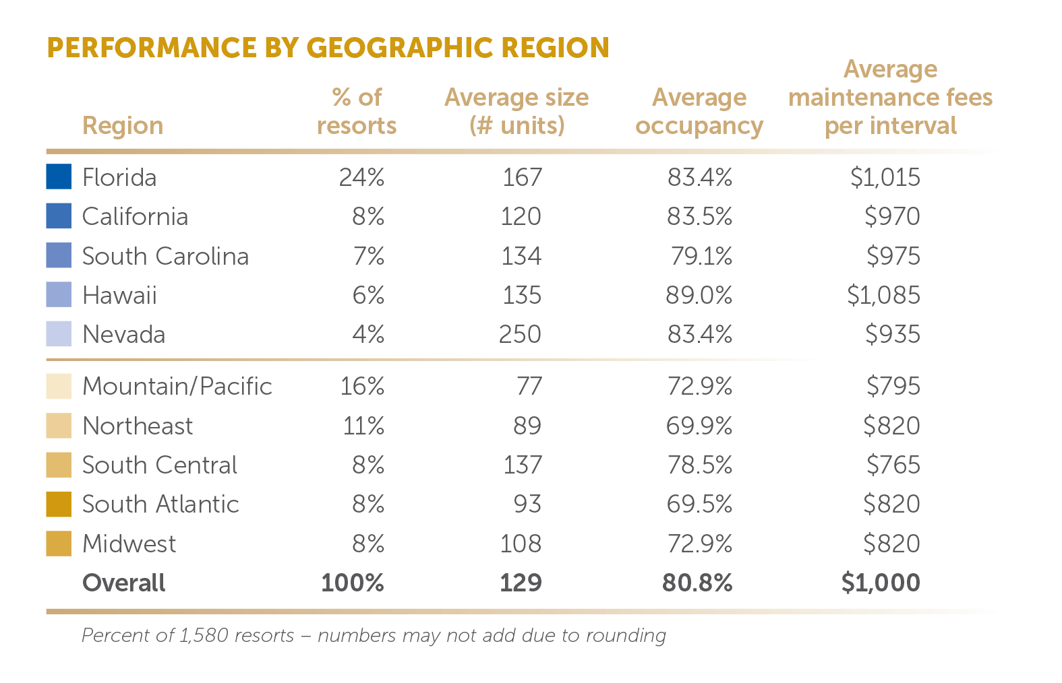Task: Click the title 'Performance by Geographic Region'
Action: (328, 48)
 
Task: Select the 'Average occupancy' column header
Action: (699, 112)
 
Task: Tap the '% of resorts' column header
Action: (357, 112)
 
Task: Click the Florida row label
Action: (119, 178)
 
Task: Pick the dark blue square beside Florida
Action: (59, 176)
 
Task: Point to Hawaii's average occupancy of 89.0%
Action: (699, 296)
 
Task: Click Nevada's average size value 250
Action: (520, 335)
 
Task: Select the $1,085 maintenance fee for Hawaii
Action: (883, 296)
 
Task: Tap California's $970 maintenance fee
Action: (892, 217)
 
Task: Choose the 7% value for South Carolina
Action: (369, 257)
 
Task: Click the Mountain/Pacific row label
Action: (177, 387)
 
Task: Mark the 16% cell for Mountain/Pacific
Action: (362, 387)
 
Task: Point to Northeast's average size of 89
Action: (527, 426)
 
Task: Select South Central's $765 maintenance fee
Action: (893, 465)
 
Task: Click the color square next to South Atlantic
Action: (59, 505)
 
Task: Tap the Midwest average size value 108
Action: (521, 544)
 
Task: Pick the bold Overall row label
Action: (123, 583)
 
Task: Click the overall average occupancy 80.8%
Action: (697, 583)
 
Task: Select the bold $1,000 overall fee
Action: (881, 583)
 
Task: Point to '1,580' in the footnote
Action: (203, 636)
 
